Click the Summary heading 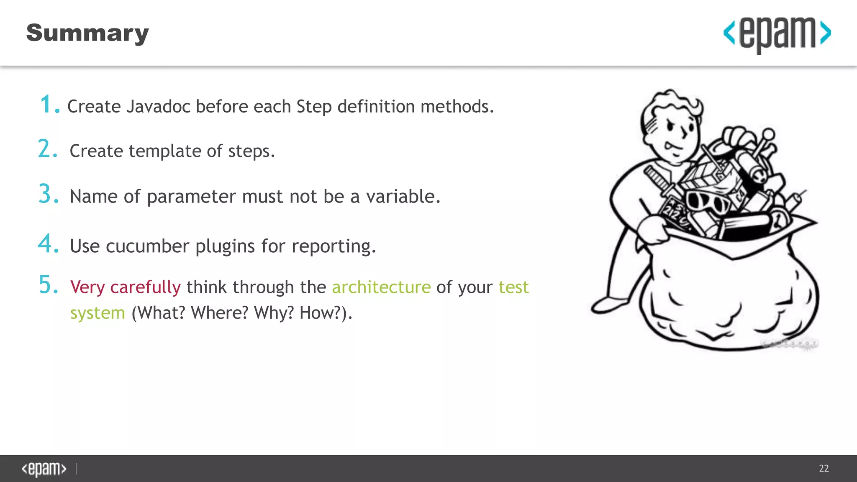pyautogui.click(x=87, y=33)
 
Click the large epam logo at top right pyautogui.click(x=777, y=34)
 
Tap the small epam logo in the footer pyautogui.click(x=44, y=469)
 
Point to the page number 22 pyautogui.click(x=824, y=468)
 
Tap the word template pyautogui.click(x=165, y=151)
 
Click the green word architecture pyautogui.click(x=381, y=287)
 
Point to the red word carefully pyautogui.click(x=145, y=287)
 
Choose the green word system pyautogui.click(x=98, y=313)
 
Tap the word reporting pyautogui.click(x=334, y=246)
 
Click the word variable pyautogui.click(x=403, y=197)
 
